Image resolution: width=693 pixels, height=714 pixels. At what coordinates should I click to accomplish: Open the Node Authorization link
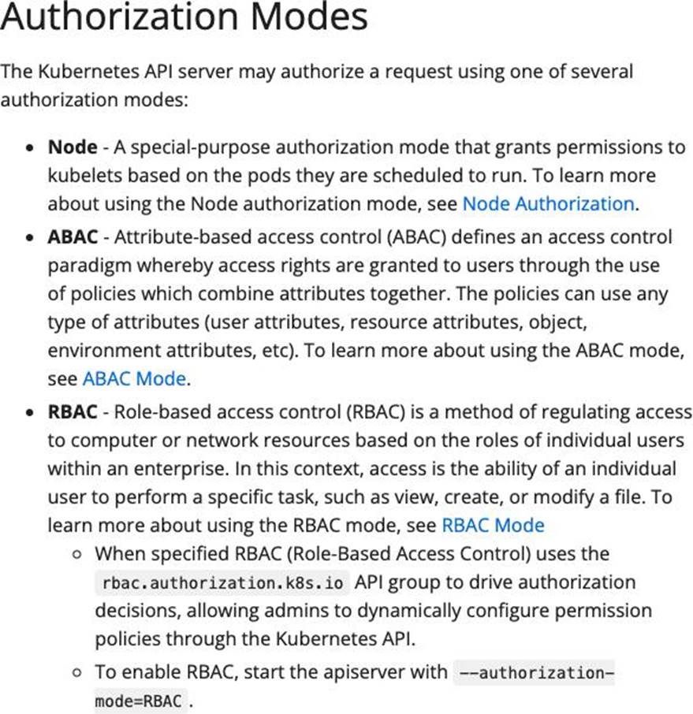(x=548, y=203)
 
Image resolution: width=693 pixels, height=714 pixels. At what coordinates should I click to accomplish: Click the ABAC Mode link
(x=134, y=378)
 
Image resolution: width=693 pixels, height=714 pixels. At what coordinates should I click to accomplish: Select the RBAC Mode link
(x=493, y=525)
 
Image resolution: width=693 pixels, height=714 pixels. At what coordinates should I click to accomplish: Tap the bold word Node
(x=73, y=147)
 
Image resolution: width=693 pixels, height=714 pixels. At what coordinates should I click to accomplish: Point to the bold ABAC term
(x=73, y=236)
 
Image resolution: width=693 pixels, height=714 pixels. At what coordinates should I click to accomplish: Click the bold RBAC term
(x=73, y=411)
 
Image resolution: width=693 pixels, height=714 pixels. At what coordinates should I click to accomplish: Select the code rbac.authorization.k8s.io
(x=222, y=584)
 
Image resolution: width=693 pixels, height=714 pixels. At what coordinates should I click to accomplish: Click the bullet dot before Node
(x=29, y=147)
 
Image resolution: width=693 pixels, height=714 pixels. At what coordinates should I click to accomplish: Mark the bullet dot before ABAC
(x=29, y=237)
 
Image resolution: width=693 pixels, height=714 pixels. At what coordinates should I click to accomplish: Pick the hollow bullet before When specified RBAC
(x=76, y=555)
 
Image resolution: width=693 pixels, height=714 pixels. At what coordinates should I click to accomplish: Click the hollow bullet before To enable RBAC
(x=76, y=673)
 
